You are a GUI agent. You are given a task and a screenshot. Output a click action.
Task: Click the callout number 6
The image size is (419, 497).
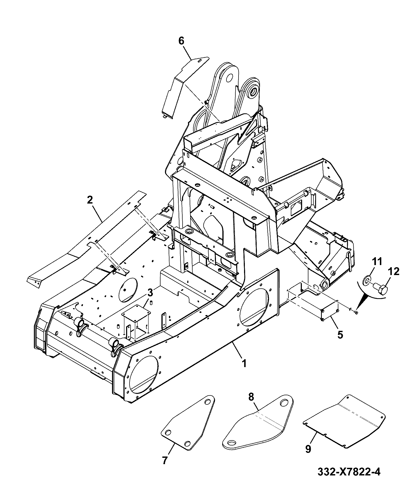182,42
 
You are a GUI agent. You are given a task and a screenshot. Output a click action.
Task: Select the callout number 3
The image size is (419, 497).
150,292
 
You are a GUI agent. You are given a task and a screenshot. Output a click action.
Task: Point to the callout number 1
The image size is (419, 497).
244,363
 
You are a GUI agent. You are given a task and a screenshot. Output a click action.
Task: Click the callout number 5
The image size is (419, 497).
340,335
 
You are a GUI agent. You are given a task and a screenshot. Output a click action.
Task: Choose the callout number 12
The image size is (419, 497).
393,271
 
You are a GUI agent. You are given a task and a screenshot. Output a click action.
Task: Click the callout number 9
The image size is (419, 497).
308,449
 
